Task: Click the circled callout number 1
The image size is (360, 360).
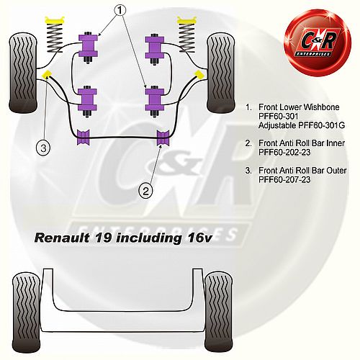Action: click(120, 10)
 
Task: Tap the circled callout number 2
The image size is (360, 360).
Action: click(145, 192)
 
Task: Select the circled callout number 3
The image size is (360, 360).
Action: click(43, 148)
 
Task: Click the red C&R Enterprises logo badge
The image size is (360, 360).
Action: click(318, 42)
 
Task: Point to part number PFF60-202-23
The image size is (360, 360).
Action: click(284, 152)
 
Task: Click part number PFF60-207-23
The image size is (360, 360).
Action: click(284, 179)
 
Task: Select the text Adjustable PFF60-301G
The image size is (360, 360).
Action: click(302, 125)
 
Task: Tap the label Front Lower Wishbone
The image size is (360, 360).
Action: click(299, 107)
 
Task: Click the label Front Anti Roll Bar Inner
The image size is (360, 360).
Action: click(302, 143)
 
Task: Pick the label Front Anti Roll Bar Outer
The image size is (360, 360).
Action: click(302, 171)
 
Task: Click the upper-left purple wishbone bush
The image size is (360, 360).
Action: click(88, 47)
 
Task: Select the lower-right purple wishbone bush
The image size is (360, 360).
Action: click(155, 102)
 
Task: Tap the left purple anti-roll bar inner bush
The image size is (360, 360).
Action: click(84, 138)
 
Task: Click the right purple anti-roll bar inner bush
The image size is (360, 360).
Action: click(163, 138)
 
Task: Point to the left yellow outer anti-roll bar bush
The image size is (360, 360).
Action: click(46, 74)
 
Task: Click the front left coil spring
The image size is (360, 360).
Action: click(55, 35)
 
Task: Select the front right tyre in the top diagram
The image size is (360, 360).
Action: click(220, 73)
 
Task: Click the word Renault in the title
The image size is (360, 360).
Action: click(62, 238)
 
